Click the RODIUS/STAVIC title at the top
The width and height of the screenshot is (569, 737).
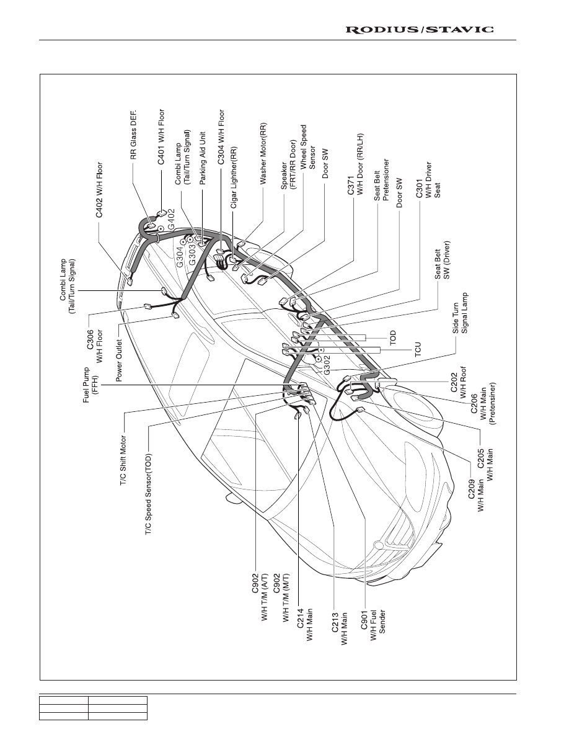[419, 30]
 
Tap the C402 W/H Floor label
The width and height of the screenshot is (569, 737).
[99, 190]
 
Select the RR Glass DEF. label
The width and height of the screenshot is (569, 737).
[133, 135]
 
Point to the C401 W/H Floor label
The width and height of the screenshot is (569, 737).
[161, 136]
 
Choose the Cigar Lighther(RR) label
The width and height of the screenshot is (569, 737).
[233, 177]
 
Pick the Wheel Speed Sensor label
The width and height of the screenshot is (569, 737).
[308, 146]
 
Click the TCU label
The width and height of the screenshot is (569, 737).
[418, 349]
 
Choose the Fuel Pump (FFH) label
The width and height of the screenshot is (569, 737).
[90, 385]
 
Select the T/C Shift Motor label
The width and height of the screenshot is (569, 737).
[123, 461]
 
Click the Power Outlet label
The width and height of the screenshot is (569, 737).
[119, 360]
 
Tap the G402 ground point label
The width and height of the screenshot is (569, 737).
[171, 218]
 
